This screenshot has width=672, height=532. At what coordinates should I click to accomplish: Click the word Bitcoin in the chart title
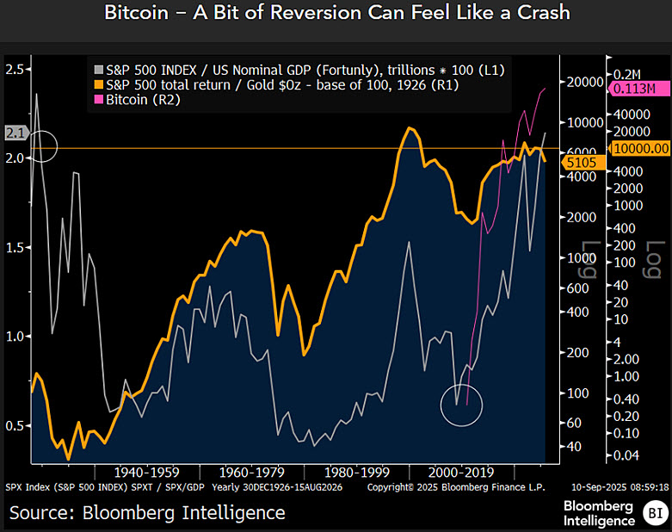137,14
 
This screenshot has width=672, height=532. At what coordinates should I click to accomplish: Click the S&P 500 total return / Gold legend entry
275,85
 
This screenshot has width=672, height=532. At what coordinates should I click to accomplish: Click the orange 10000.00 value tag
638,148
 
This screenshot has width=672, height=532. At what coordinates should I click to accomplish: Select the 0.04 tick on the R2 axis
626,455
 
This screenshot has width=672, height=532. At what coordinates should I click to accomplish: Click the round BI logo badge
652,514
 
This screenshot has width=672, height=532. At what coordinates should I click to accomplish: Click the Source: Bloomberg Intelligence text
147,513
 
